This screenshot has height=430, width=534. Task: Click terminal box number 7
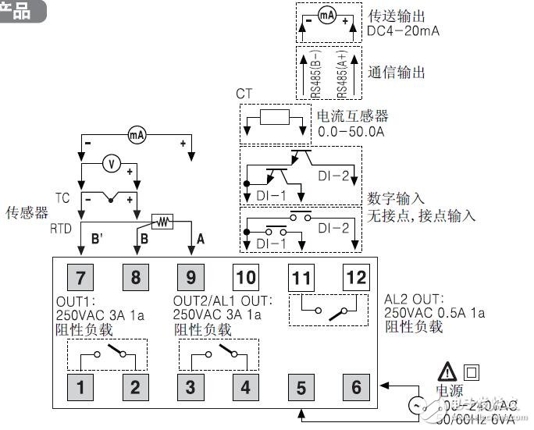click(80, 276)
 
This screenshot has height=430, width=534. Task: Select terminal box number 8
click(134, 276)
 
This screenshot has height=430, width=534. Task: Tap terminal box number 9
click(190, 276)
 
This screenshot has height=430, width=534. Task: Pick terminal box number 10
click(244, 276)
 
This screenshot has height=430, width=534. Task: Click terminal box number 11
click(301, 276)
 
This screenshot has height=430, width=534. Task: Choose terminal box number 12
click(354, 276)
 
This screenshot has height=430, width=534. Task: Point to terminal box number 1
click(80, 385)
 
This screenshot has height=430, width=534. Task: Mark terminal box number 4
click(244, 385)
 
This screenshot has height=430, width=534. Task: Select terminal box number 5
click(301, 385)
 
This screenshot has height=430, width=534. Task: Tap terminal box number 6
click(354, 385)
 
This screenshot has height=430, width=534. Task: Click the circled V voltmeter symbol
click(112, 163)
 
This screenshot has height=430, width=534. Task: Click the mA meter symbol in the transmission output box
click(327, 16)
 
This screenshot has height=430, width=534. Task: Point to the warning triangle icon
click(447, 371)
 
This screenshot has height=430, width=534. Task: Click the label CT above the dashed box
click(244, 94)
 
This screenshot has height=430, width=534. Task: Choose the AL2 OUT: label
click(414, 298)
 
